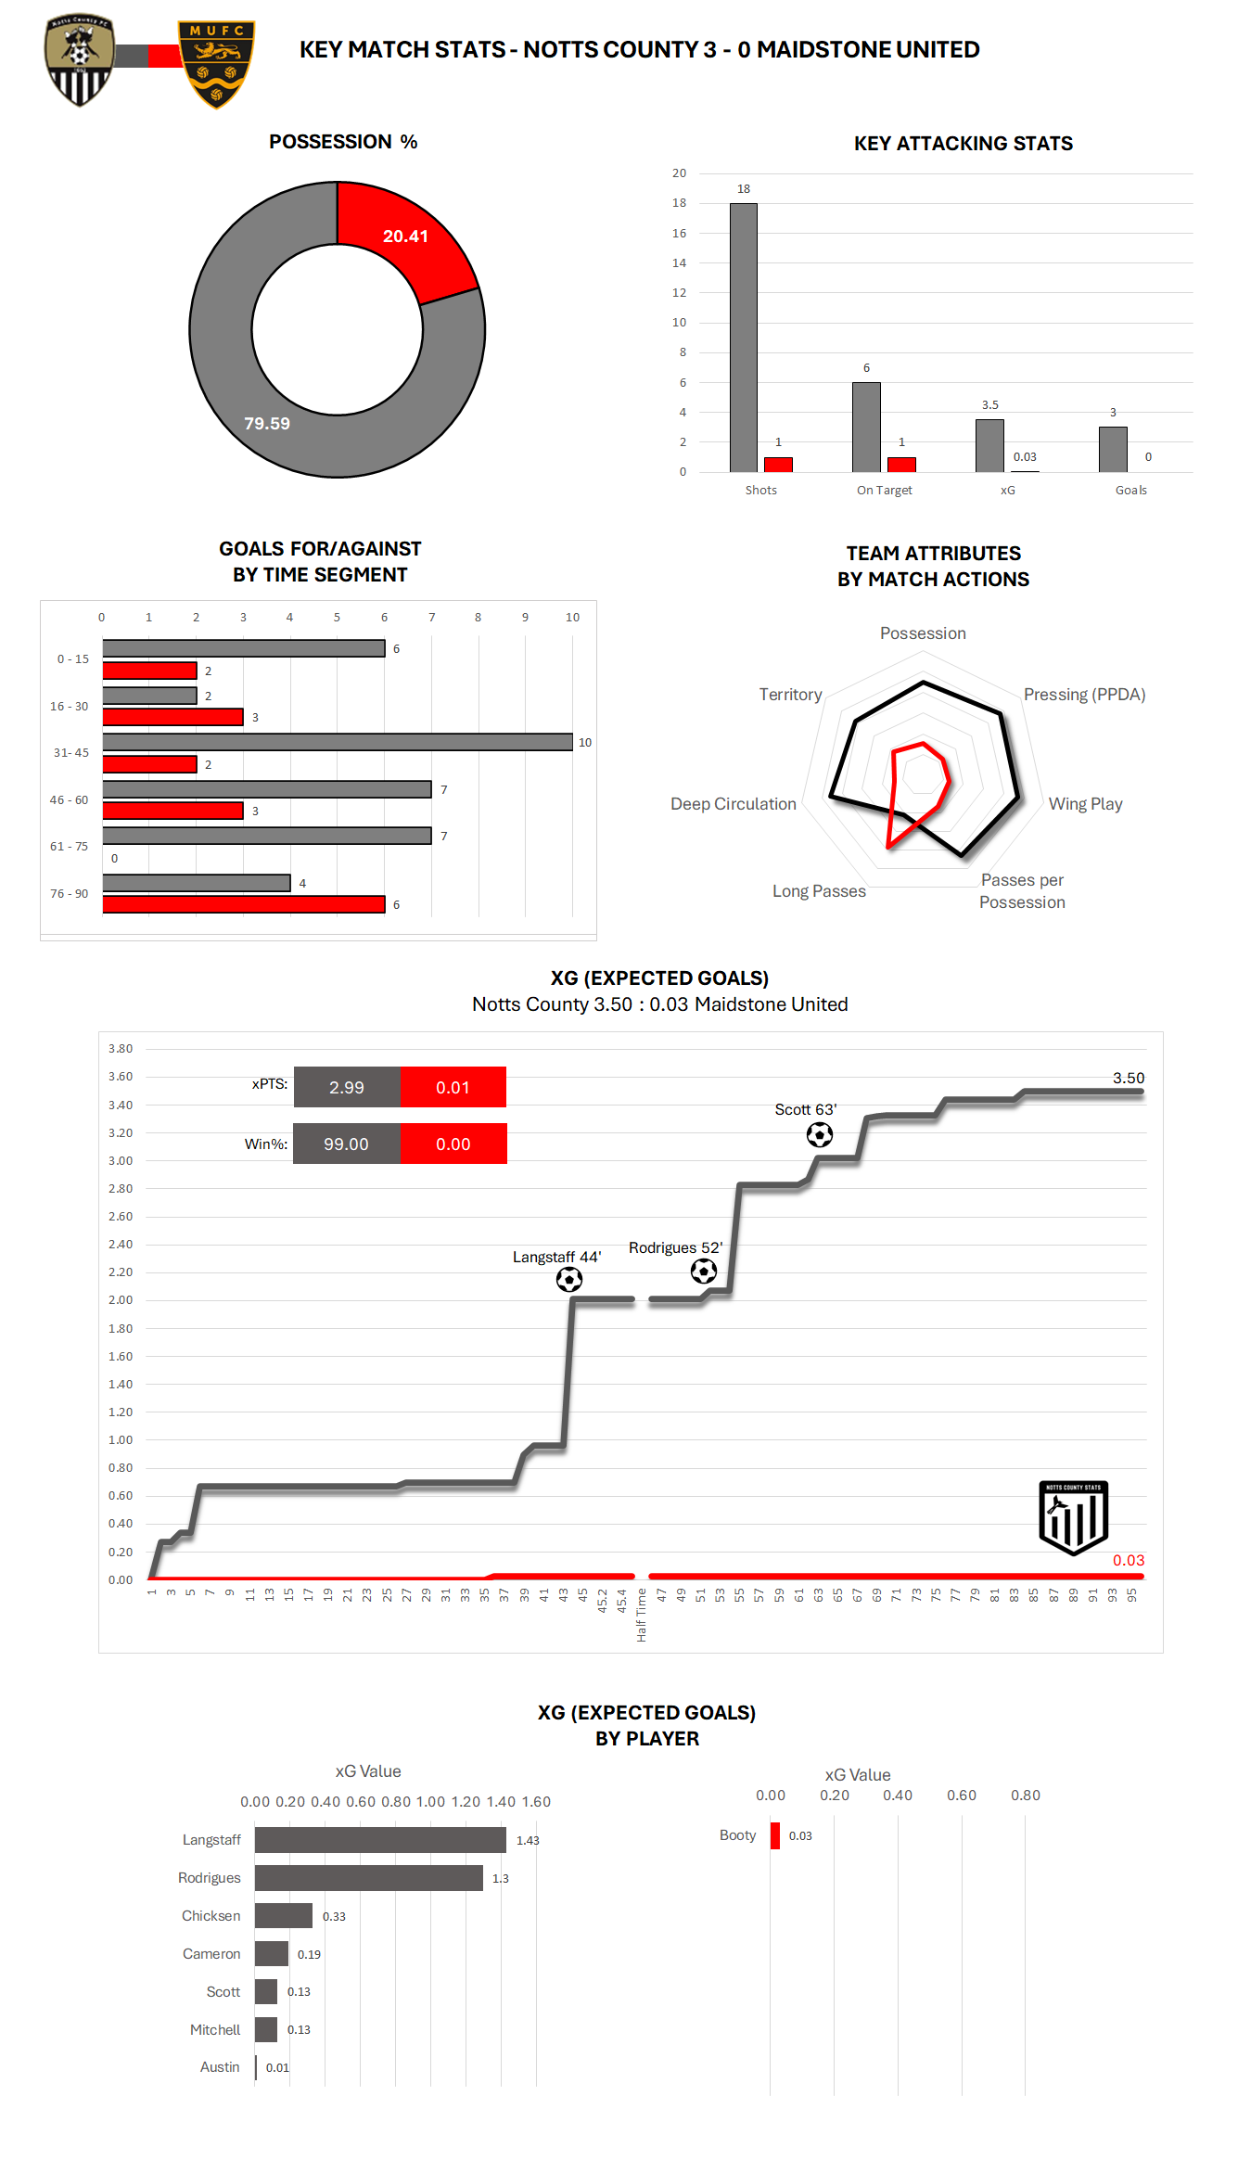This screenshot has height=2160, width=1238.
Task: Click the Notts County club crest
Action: tap(80, 59)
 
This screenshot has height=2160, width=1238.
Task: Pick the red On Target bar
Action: tap(900, 464)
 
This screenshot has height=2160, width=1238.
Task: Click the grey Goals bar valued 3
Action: tap(1112, 449)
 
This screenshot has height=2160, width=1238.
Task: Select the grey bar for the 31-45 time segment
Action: tap(337, 742)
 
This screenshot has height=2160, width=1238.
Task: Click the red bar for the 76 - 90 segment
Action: tap(243, 904)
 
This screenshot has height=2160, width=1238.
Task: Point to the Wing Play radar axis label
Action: tap(1085, 804)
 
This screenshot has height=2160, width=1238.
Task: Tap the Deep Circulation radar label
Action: tap(733, 804)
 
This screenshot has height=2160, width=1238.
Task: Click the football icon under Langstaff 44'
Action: tap(569, 1280)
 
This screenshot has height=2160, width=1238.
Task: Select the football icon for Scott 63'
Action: tap(820, 1134)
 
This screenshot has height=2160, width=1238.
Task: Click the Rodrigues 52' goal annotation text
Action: tap(675, 1247)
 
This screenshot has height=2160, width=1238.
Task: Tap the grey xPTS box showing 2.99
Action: tap(347, 1087)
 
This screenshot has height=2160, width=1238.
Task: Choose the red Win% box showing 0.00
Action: tap(453, 1144)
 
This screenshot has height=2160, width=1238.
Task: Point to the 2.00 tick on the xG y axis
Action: tap(121, 1300)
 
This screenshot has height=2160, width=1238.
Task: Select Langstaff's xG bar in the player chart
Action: tap(380, 1840)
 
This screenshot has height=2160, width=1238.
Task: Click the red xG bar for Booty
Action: tap(774, 1835)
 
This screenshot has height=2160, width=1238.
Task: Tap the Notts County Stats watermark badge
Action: tap(1073, 1517)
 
